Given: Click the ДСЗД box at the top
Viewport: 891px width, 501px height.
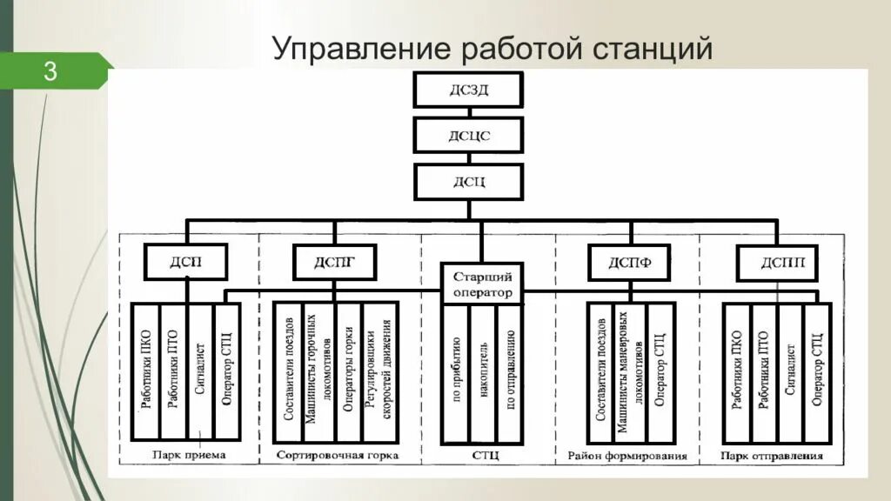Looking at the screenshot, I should click(x=468, y=90).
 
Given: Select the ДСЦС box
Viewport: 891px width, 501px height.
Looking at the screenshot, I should click(x=468, y=136).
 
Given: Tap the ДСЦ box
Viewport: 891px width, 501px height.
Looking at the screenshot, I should click(x=468, y=182).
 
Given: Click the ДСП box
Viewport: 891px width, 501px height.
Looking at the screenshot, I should click(x=185, y=261).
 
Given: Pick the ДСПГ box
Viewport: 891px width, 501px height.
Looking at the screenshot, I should click(x=335, y=261).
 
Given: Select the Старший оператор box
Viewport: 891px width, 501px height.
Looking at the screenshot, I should click(x=482, y=285).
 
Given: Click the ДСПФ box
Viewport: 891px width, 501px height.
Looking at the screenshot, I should click(x=629, y=261).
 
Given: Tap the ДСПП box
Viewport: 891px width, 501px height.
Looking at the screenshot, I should click(x=777, y=262).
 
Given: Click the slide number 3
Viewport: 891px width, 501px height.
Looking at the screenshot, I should click(x=50, y=71).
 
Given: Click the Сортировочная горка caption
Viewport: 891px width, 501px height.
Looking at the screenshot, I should click(x=337, y=455).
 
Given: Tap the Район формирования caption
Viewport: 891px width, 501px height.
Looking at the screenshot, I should click(x=626, y=455).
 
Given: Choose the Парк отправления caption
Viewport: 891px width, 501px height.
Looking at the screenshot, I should click(x=773, y=455).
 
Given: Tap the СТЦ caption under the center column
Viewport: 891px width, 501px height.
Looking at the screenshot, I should click(x=483, y=455).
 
